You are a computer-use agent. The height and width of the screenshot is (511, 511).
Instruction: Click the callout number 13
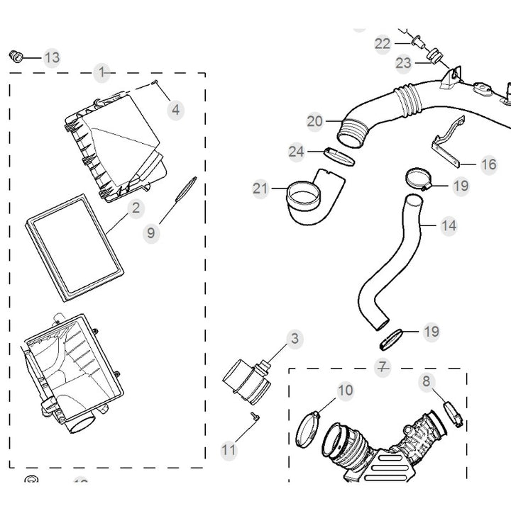coord(52,57)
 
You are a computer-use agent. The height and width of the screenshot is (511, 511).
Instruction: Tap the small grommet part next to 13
coord(17,55)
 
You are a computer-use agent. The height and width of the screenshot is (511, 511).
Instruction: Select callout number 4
coord(175,110)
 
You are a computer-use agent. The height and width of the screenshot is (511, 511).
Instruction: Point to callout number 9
coord(151,232)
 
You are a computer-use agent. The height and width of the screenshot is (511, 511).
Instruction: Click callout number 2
coord(135,208)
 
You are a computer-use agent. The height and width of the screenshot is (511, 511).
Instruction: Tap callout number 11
coord(229,449)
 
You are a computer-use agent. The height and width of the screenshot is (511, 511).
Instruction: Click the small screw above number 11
coord(253,417)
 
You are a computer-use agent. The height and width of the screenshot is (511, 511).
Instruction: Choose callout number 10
coord(345,390)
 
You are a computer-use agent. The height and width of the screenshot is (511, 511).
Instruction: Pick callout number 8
coord(427,381)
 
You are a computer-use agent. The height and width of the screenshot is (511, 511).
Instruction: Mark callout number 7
coord(383,367)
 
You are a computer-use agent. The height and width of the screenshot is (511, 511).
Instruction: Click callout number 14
coord(448,226)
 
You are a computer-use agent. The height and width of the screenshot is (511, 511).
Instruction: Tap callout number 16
coord(488,165)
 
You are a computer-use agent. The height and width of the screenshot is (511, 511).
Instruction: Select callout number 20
coord(315,121)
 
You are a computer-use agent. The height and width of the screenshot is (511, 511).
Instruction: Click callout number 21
coord(260,188)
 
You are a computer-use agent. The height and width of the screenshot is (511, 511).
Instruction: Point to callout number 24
coord(296,151)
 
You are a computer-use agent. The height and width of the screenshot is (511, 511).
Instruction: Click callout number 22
coord(383,44)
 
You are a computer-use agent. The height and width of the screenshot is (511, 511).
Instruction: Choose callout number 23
coord(403,63)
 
